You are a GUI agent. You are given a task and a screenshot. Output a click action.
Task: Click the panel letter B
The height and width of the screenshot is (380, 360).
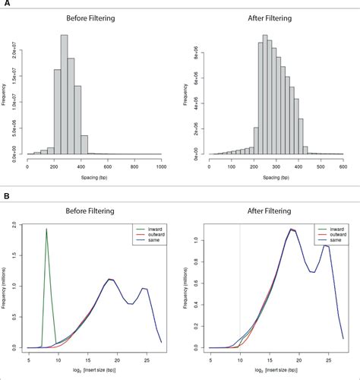(x=6, y=196)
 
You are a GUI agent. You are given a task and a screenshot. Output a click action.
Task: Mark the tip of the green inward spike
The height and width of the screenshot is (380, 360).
(x=46, y=229)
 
